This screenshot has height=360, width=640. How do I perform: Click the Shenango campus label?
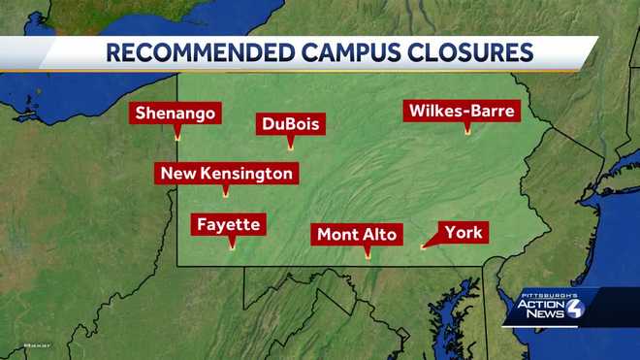[x=176, y=114]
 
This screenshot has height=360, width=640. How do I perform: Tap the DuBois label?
[x=290, y=124]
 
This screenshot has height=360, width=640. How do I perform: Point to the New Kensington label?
[x=226, y=174]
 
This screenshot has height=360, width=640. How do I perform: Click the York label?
[x=464, y=232]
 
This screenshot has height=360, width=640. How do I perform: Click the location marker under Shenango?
[x=176, y=137]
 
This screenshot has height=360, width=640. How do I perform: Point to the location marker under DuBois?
[x=290, y=147]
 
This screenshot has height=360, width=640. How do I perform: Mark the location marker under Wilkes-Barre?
[x=467, y=131]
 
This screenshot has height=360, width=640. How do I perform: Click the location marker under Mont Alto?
[x=367, y=256]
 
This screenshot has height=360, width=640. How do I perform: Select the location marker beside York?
[x=423, y=246]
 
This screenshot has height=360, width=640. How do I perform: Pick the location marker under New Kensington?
[x=226, y=194]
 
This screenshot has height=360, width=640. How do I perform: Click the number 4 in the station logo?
[x=575, y=309]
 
